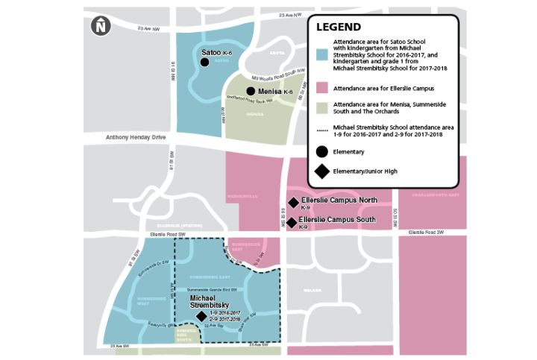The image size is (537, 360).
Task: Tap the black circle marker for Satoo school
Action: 204,62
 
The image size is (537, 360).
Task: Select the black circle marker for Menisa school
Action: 251,91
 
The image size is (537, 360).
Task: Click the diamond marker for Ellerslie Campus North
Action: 293,203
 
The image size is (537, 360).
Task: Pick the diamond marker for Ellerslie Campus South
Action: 292,222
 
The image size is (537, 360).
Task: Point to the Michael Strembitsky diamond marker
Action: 201,315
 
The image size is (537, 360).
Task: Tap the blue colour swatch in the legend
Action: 321,54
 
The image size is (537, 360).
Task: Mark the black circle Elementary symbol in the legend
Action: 321,152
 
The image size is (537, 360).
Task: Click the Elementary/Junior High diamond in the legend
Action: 321,172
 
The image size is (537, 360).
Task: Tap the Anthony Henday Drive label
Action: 131,136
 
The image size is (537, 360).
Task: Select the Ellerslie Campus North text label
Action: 339,200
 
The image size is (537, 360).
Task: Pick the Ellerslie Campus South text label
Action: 337,221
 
